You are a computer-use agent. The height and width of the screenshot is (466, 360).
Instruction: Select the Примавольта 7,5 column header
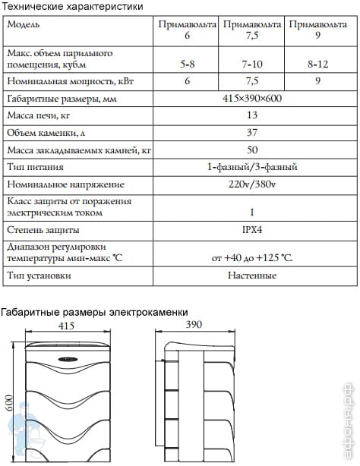coord(253,30)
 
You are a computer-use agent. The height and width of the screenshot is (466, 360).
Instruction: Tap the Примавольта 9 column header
coord(317,30)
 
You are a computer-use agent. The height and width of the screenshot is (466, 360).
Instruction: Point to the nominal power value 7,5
coord(253,80)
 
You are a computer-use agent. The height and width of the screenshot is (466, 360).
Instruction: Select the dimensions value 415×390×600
coord(252,100)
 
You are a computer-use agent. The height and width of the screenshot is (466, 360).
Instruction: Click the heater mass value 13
coord(252,117)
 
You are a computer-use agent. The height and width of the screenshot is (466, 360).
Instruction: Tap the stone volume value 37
coord(252,134)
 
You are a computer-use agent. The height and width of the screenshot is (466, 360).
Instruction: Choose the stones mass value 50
coord(252,150)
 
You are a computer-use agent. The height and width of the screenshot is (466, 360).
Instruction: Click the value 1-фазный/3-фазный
coord(252,167)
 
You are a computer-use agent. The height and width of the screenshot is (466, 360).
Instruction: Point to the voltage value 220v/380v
coord(252,184)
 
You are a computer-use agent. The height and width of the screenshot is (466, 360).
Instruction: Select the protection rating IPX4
coord(252,228)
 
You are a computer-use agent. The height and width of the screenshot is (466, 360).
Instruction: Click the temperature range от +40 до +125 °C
coord(252,257)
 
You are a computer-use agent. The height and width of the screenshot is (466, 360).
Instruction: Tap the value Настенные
coord(252,275)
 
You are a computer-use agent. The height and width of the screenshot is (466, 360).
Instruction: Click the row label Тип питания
coord(35,167)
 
